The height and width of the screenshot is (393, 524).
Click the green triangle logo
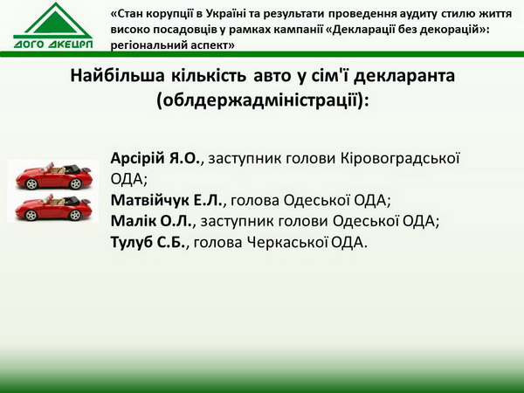pyautogui.click(x=53, y=21)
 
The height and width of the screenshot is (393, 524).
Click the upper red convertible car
pyautogui.click(x=53, y=176)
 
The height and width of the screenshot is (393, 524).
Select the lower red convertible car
pyautogui.click(x=53, y=208)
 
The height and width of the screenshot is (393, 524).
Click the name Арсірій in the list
pyautogui.click(x=138, y=159)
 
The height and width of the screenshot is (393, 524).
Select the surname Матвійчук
pyautogui.click(x=149, y=201)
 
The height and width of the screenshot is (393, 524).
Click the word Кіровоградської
pyautogui.click(x=400, y=159)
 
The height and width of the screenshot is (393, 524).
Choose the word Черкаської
pyautogui.click(x=287, y=242)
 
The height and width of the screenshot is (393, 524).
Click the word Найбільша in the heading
pyautogui.click(x=118, y=75)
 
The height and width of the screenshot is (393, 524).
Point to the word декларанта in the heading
pyautogui.click(x=404, y=77)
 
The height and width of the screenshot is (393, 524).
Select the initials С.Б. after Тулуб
pyautogui.click(x=170, y=242)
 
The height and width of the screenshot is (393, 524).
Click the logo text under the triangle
pyautogui.click(x=53, y=45)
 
